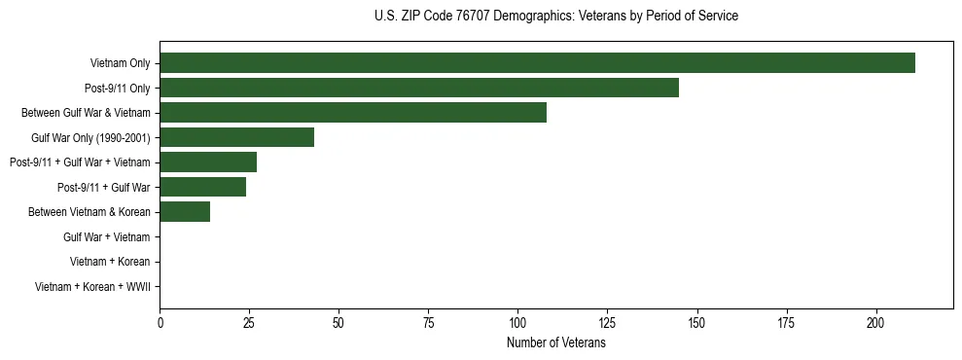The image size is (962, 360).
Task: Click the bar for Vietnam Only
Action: [537, 63]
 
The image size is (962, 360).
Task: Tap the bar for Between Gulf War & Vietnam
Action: [353, 113]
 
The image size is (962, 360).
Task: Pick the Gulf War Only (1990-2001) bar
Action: [236, 137]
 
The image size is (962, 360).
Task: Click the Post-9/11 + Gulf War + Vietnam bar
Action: [208, 162]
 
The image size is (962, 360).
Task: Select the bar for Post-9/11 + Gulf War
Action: [202, 187]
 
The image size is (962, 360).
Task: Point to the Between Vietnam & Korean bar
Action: [185, 212]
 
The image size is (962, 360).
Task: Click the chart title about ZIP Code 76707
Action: [555, 17]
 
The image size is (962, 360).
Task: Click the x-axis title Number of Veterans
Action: [555, 343]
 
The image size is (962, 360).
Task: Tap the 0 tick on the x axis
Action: [160, 322]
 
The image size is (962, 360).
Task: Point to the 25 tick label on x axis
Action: [249, 322]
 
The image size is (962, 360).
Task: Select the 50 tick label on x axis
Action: [338, 322]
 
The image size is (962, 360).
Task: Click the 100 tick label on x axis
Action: [517, 322]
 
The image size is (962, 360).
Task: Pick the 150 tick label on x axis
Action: [696, 322]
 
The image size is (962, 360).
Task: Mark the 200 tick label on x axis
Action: [875, 322]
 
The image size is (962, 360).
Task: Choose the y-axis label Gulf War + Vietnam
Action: [106, 236]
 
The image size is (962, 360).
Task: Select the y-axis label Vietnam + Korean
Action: [110, 262]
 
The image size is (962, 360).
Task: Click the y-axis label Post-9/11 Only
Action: [117, 88]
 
